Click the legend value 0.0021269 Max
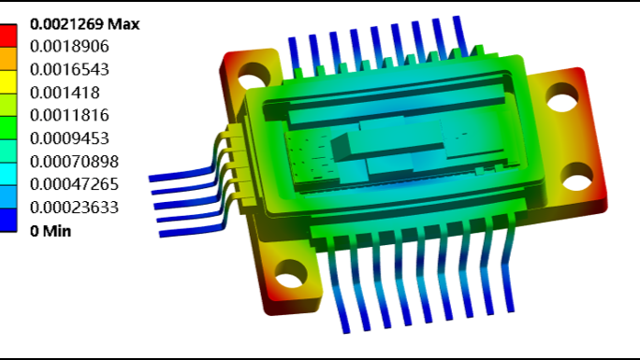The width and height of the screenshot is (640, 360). (x=85, y=24)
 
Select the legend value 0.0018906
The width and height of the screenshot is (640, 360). (x=69, y=47)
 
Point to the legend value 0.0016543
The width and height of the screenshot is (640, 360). (x=69, y=70)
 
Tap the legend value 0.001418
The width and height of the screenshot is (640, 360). (x=65, y=93)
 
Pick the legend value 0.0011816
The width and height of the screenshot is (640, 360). (x=69, y=115)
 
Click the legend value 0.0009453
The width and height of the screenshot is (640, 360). (x=69, y=138)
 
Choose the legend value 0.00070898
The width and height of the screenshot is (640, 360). (x=74, y=162)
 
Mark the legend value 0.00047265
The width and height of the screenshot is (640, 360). (x=74, y=184)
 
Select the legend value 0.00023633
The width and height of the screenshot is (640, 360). (x=74, y=208)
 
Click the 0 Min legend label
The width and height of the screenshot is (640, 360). (x=51, y=231)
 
